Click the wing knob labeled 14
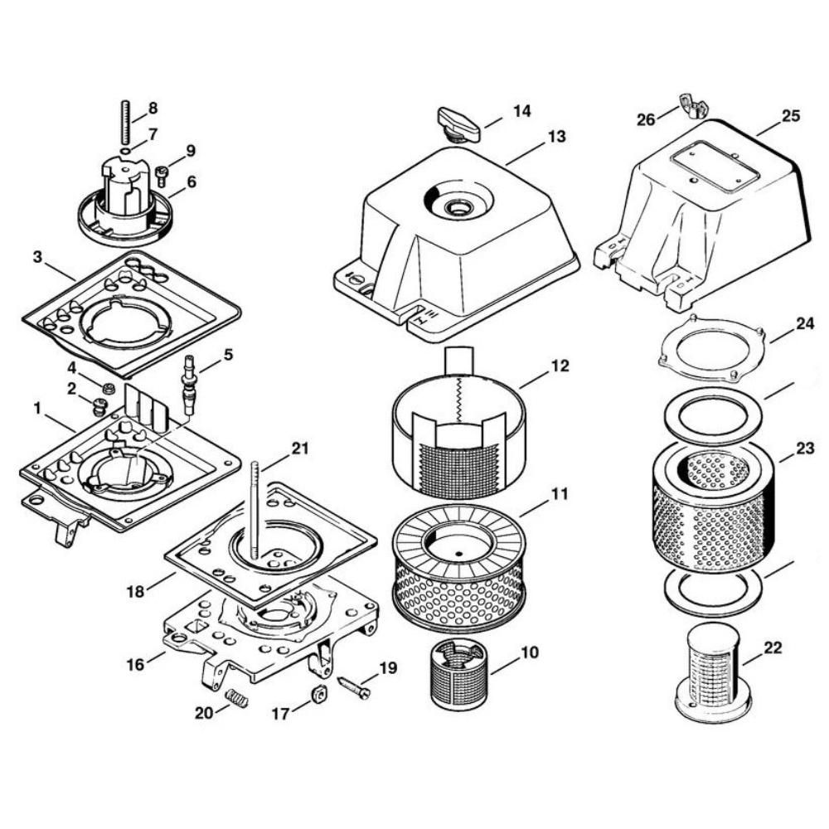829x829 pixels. tap(458, 125)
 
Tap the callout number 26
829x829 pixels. tap(646, 120)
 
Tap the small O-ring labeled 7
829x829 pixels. tap(126, 152)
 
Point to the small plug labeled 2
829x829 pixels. tap(99, 406)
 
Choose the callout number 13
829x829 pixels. tap(556, 137)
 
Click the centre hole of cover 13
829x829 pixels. tap(458, 206)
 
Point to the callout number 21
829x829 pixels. tap(300, 448)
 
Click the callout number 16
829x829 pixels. tap(135, 664)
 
